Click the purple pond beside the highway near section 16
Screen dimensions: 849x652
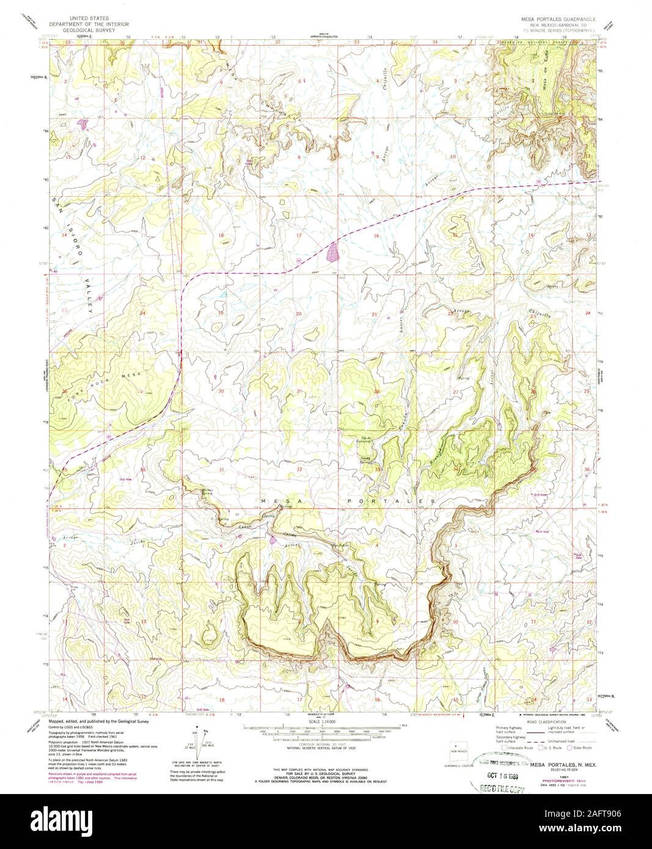[x=332, y=252]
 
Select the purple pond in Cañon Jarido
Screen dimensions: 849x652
[x=271, y=539]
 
